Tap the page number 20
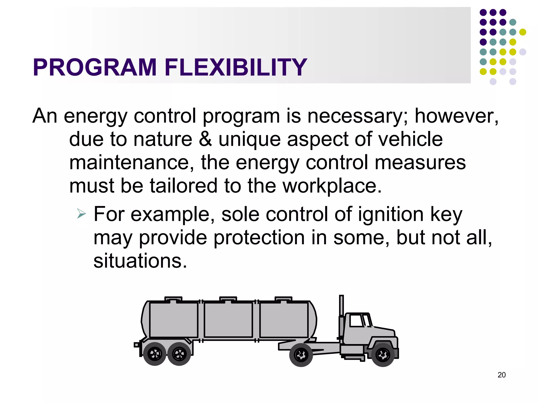[501, 375]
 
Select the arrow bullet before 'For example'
[81, 214]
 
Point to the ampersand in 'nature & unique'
[205, 139]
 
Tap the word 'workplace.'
[332, 186]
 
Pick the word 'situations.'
[140, 261]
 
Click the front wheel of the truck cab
[383, 355]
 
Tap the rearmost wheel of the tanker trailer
[155, 354]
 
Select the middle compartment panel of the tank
[228, 320]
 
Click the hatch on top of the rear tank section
[173, 299]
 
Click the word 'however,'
[456, 116]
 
